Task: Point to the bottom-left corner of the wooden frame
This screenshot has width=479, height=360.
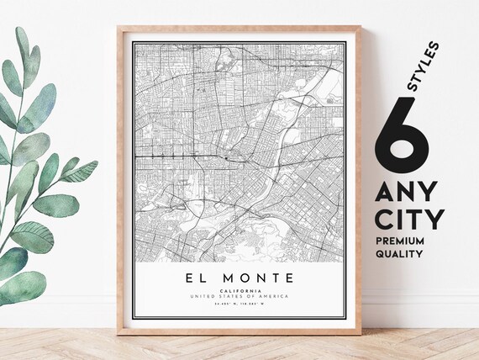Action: (119, 333)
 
